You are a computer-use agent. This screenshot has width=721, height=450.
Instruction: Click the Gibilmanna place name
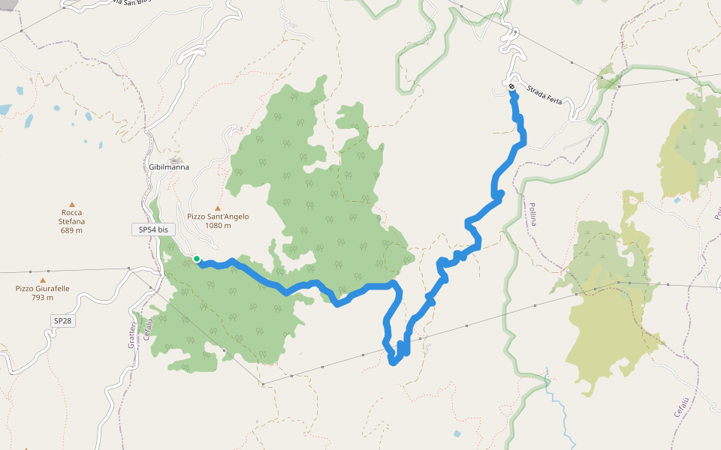click(x=168, y=167)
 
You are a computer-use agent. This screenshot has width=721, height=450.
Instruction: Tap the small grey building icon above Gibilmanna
click(x=176, y=160)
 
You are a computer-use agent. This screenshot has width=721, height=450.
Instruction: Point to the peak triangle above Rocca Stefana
click(x=72, y=204)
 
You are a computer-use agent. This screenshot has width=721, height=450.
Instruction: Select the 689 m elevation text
click(x=72, y=230)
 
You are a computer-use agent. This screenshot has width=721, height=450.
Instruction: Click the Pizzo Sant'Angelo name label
click(x=218, y=217)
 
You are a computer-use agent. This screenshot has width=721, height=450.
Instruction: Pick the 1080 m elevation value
click(x=218, y=225)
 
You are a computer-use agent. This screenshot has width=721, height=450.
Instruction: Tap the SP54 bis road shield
click(x=153, y=230)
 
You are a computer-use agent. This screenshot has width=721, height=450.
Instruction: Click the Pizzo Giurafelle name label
click(x=42, y=289)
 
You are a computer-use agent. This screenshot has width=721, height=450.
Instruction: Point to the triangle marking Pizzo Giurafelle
click(x=42, y=280)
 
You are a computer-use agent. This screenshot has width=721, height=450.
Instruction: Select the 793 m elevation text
click(x=42, y=298)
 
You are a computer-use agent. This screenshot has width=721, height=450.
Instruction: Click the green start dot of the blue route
click(x=197, y=259)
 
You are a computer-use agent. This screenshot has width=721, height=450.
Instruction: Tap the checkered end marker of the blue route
click(x=511, y=87)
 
